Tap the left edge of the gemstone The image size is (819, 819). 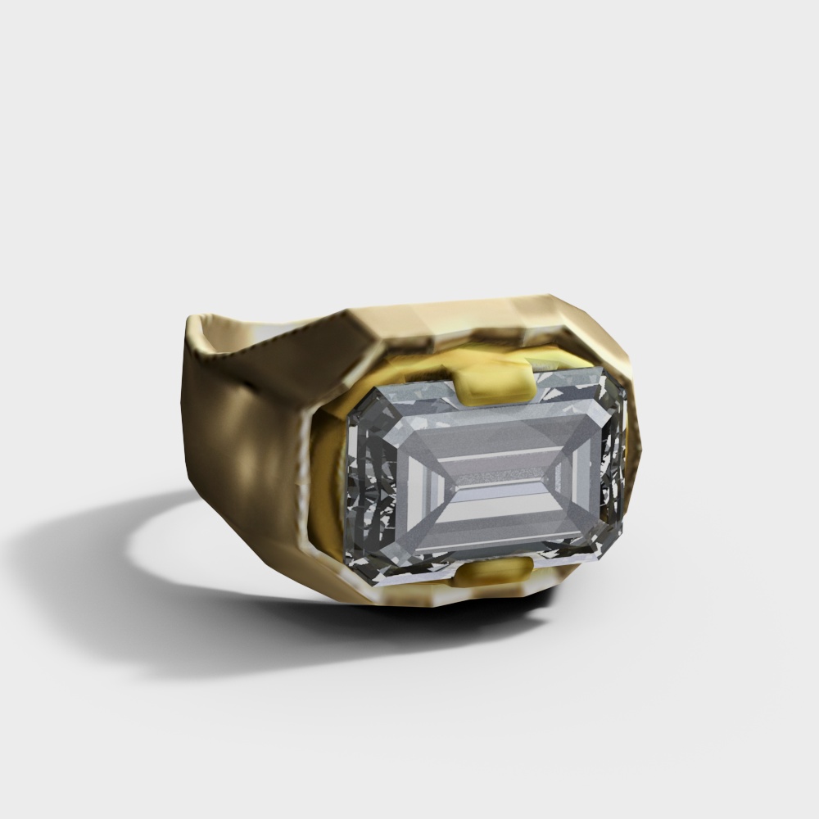[351, 483]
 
